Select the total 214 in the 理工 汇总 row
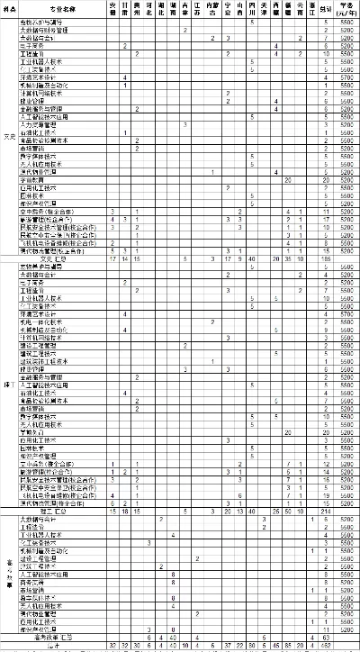click(325, 511)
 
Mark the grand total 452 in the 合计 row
click(325, 646)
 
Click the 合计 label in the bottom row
click(54, 646)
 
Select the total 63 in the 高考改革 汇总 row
click(325, 638)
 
